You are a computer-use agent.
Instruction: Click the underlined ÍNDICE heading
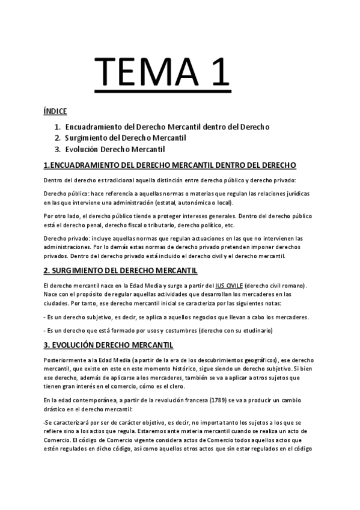pos(55,112)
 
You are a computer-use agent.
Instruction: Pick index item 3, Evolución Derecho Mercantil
pos(115,149)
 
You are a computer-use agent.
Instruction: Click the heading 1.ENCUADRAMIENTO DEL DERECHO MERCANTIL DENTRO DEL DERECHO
pos(170,165)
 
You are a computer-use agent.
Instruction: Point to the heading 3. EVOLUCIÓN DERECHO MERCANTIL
pos(109,345)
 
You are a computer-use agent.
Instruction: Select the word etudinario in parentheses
pos(251,330)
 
